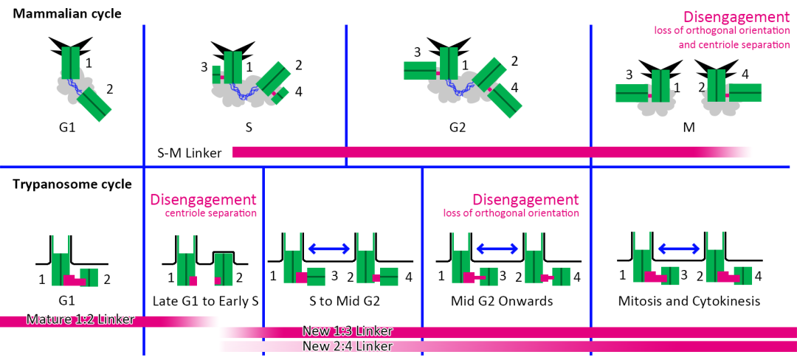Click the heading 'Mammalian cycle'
coord(67,13)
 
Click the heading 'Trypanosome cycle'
coord(72,184)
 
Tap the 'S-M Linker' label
coord(190,153)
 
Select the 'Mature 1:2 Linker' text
coord(80,320)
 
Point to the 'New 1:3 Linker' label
coord(348,332)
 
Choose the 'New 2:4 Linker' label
coord(348,346)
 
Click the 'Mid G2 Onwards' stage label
coord(502,301)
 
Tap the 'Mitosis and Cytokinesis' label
coord(689,301)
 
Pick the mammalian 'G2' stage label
coord(458,127)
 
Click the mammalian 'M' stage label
coord(689,127)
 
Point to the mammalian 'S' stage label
coord(249,127)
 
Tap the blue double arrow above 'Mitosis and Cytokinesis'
coord(678,249)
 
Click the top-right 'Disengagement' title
coord(736,16)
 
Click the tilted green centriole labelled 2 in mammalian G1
coord(94,104)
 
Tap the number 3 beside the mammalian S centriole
coord(204,67)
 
